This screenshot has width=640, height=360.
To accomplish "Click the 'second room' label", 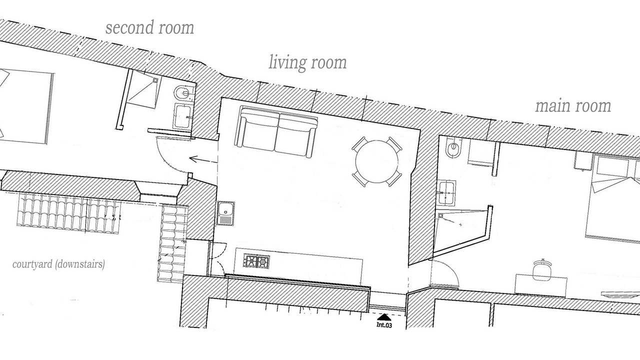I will point(149,28).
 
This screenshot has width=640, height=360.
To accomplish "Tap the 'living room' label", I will point(307,63).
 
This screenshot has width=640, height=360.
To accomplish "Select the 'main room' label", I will point(573,106).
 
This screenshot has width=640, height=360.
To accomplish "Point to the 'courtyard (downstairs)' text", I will point(58,264).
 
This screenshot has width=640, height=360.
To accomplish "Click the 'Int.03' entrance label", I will point(383,325).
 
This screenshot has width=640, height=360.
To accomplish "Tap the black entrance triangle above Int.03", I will point(383,317).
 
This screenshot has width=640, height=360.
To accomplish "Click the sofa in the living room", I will point(277,131).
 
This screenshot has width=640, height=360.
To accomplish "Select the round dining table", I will point(376,161).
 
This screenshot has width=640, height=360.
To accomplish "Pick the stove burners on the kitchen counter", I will point(256,261).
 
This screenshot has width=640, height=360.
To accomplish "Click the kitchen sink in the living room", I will point(225,213).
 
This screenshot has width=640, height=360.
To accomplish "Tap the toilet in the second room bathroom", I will point(182,93).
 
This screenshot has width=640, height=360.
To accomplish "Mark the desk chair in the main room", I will point(541,270).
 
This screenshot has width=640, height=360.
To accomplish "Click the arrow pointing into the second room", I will point(202,159).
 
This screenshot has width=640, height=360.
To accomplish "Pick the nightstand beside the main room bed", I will point(583,160).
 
